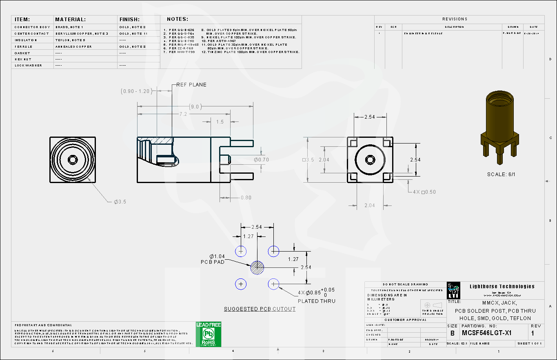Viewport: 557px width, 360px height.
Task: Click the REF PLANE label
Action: [x=191, y=85]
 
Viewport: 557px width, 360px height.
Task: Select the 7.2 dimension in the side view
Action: [x=183, y=114]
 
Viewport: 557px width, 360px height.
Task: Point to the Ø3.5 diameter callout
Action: [x=120, y=202]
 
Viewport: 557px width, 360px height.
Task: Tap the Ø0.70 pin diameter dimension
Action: [x=261, y=160]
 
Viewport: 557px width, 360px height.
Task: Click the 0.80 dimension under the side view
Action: [x=246, y=198]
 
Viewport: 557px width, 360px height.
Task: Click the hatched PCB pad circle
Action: [x=257, y=268]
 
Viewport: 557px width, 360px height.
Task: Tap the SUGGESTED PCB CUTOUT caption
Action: [x=260, y=309]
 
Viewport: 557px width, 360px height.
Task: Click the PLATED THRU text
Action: [x=316, y=301]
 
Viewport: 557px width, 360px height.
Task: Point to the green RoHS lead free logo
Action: [x=209, y=334]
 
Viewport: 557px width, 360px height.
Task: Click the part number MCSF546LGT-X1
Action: [x=486, y=333]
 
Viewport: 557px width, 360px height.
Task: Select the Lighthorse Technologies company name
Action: [x=502, y=286]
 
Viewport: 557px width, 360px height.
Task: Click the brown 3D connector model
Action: [x=500, y=122]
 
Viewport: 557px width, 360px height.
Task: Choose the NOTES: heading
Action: [x=178, y=19]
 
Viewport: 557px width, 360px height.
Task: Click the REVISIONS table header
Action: [x=455, y=19]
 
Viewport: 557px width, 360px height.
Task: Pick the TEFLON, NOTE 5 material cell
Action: [x=70, y=40]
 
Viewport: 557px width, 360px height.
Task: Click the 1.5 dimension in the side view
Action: [x=220, y=122]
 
